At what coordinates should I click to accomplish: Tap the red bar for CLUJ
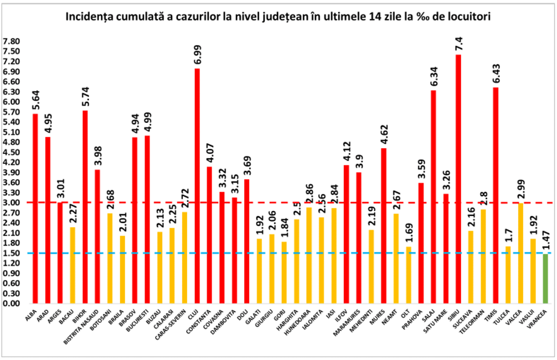(x=197, y=186)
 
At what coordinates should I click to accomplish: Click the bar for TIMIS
(x=496, y=195)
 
